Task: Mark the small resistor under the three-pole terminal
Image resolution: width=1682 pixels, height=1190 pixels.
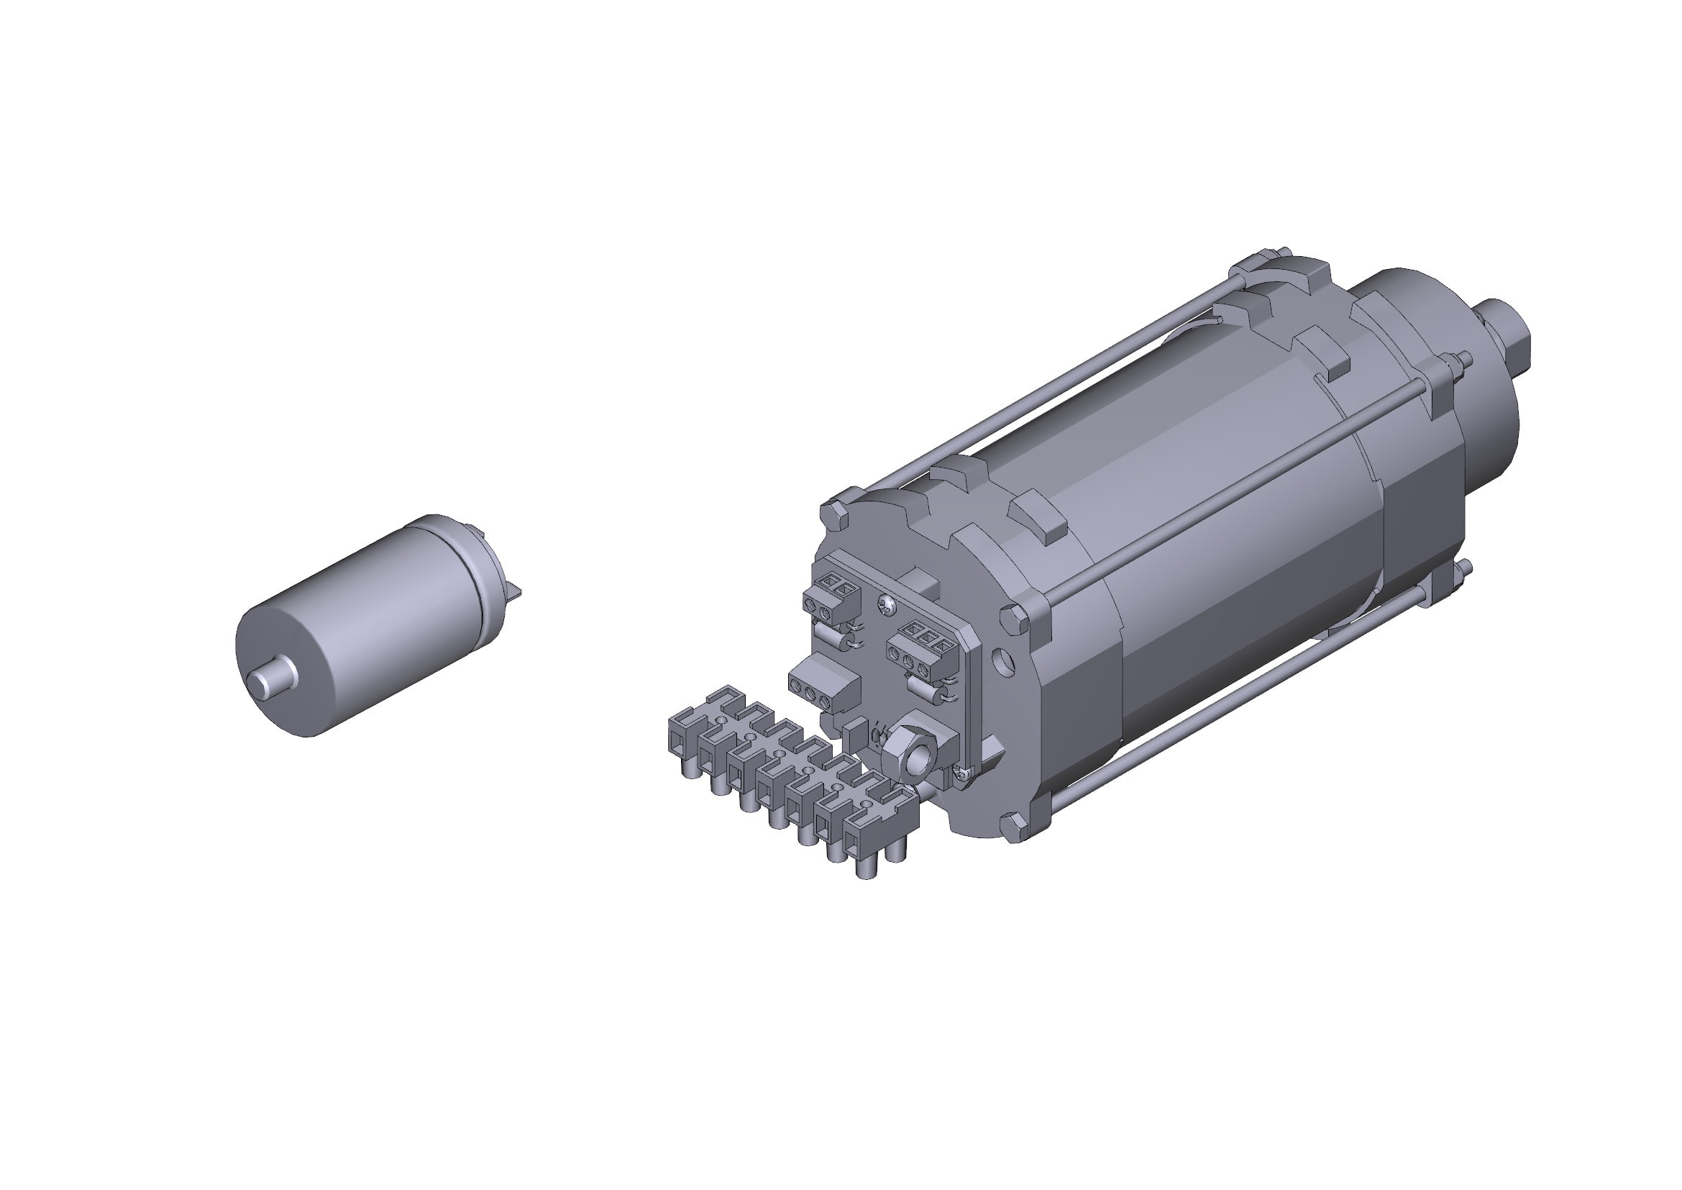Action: (925, 689)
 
